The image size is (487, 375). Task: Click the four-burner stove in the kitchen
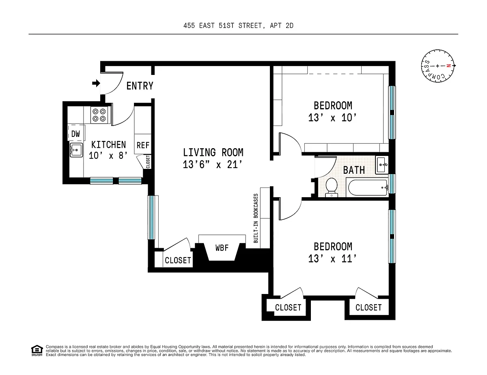pyautogui.click(x=99, y=115)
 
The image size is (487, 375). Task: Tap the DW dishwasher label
pyautogui.click(x=75, y=134)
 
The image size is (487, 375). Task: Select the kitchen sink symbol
pyautogui.click(x=76, y=150)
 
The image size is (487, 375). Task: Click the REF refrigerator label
pyautogui.click(x=143, y=145)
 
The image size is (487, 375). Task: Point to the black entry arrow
pyautogui.click(x=96, y=83)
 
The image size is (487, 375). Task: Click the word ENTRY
pyautogui.click(x=140, y=86)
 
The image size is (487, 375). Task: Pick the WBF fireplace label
pyautogui.click(x=222, y=248)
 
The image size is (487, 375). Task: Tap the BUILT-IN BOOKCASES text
pyautogui.click(x=256, y=218)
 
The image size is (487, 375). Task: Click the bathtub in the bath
pyautogui.click(x=368, y=187)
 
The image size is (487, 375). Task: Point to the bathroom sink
pyautogui.click(x=382, y=165)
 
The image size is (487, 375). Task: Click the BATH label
pyautogui.click(x=354, y=170)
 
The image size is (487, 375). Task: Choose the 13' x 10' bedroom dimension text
pyautogui.click(x=333, y=118)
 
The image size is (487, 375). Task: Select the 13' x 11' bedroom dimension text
pyautogui.click(x=333, y=259)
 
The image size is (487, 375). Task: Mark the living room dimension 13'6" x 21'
pyautogui.click(x=213, y=165)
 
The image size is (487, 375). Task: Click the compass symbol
pyautogui.click(x=438, y=66)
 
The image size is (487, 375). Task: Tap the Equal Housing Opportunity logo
pyautogui.click(x=37, y=350)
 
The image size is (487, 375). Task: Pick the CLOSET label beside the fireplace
pyautogui.click(x=178, y=260)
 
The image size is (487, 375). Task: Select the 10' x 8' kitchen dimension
pyautogui.click(x=108, y=156)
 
